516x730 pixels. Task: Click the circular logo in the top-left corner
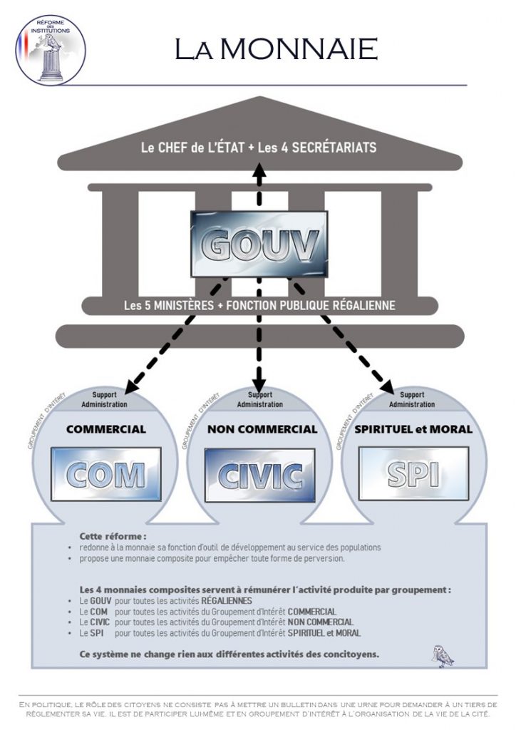pyautogui.click(x=51, y=49)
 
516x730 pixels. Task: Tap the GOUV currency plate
pyautogui.click(x=259, y=244)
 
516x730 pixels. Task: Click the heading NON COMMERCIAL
pyautogui.click(x=262, y=429)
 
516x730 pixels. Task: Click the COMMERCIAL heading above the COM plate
pyautogui.click(x=105, y=429)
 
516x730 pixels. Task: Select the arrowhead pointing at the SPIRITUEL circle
pyautogui.click(x=387, y=387)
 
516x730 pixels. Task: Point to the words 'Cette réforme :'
pyautogui.click(x=113, y=535)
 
